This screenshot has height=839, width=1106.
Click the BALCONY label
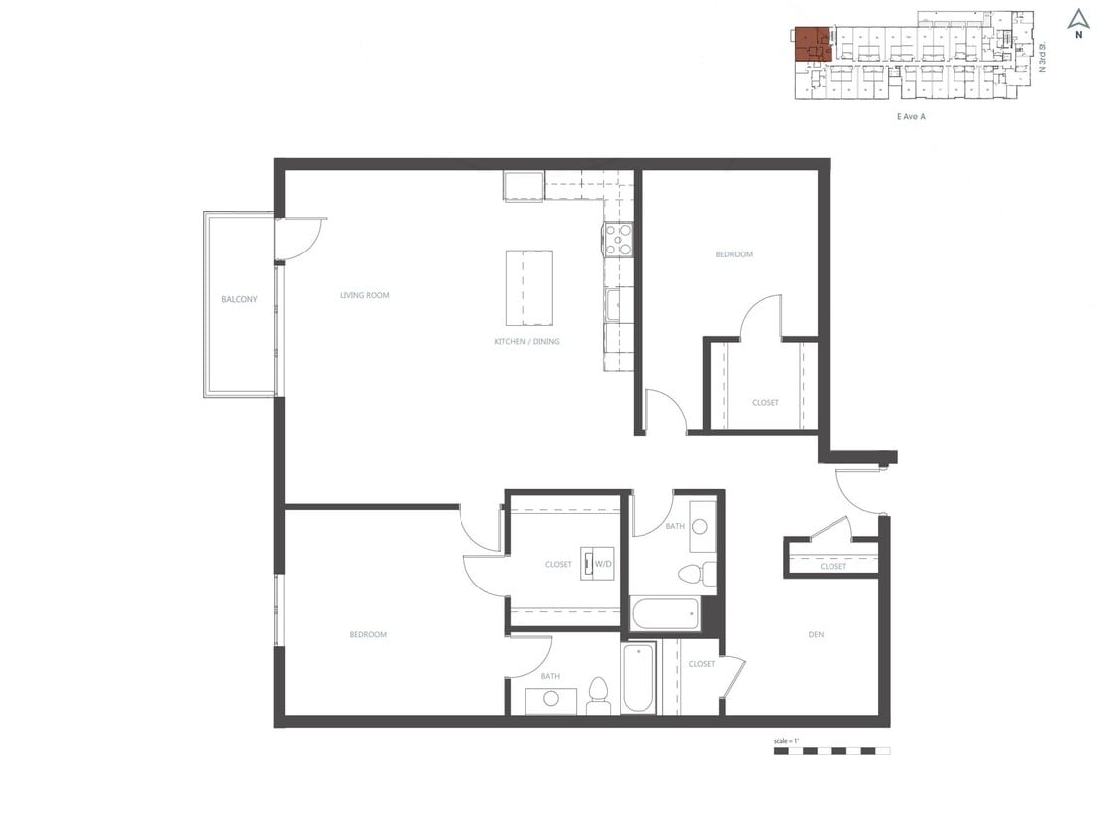click(239, 299)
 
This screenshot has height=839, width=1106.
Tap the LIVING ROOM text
click(364, 295)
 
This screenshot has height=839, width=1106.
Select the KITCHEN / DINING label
click(527, 341)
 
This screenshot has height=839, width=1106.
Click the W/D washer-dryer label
click(603, 564)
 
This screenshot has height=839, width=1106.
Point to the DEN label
click(816, 634)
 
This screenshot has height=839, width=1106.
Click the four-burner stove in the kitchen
click(617, 240)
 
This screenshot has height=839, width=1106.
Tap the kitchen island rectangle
click(529, 287)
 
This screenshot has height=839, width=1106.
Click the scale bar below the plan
click(831, 751)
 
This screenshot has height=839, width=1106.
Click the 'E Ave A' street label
click(911, 116)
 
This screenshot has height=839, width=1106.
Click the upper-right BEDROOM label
click(734, 254)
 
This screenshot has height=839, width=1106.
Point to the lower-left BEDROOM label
click(368, 634)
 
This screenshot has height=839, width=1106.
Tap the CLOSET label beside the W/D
click(558, 564)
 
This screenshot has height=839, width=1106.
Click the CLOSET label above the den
click(832, 566)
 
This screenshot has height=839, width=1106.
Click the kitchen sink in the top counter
click(523, 187)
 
